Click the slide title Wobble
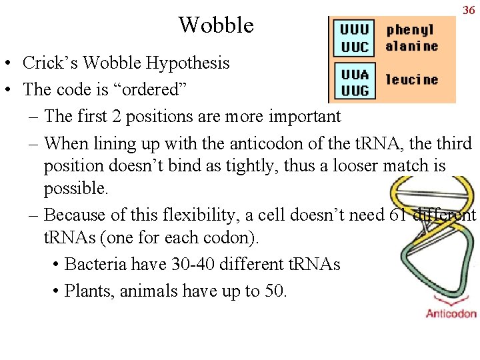coord(216,25)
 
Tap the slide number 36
coord(467,10)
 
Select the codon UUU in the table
coord(354,29)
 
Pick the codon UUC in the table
coord(354,46)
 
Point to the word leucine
coord(411,79)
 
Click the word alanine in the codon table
coord(411,46)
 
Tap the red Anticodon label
coord(451,313)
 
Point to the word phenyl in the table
coord(409,29)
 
